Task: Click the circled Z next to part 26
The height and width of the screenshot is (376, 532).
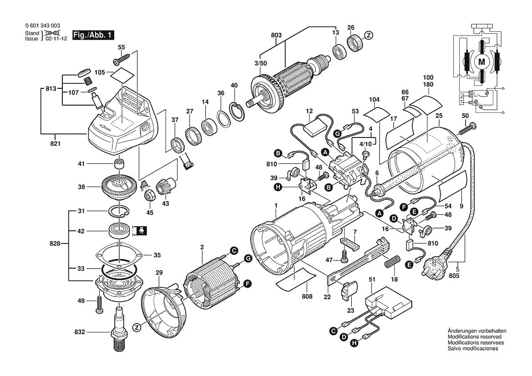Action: point(369,35)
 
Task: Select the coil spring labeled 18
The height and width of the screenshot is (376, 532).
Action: point(391,263)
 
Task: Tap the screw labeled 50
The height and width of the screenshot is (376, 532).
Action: point(467,128)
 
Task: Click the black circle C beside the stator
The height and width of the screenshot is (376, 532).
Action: point(233,250)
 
